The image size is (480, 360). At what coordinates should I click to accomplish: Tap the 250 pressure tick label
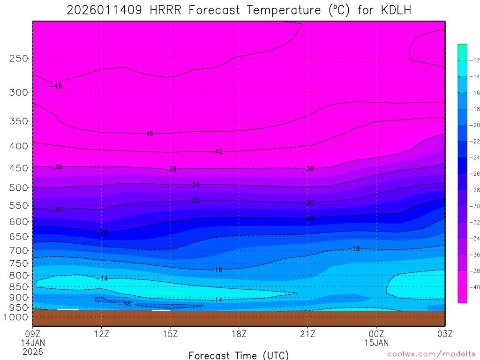click(19, 59)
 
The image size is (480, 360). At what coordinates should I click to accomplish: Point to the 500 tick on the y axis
click(19, 188)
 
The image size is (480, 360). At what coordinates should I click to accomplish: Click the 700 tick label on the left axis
click(19, 250)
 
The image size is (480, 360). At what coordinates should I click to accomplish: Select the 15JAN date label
click(376, 343)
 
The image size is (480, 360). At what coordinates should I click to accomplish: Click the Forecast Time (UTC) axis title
click(239, 355)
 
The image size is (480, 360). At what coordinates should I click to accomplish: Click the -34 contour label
click(194, 185)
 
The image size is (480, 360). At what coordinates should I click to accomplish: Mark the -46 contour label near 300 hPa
click(56, 86)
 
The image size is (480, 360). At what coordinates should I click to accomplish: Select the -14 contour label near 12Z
click(102, 278)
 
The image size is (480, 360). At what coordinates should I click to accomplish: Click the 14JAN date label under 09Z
click(32, 343)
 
